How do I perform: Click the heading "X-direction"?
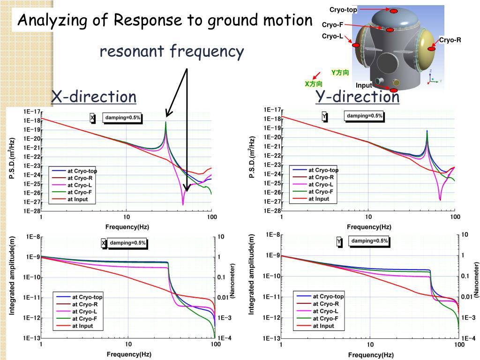tap(94, 97)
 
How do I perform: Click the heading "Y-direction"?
tap(357, 97)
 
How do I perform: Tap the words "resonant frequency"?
tap(172, 51)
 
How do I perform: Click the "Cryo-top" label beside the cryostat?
tap(343, 10)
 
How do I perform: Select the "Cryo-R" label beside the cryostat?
tap(450, 40)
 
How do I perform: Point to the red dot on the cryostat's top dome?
tap(394, 11)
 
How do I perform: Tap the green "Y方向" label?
tap(340, 73)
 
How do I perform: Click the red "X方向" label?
tap(314, 84)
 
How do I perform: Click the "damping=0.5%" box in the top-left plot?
tap(123, 118)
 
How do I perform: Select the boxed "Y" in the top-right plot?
tap(324, 116)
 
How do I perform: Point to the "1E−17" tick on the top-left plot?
tap(32, 112)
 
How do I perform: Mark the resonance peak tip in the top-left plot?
tap(165, 122)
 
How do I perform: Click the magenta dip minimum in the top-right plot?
tap(440, 200)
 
